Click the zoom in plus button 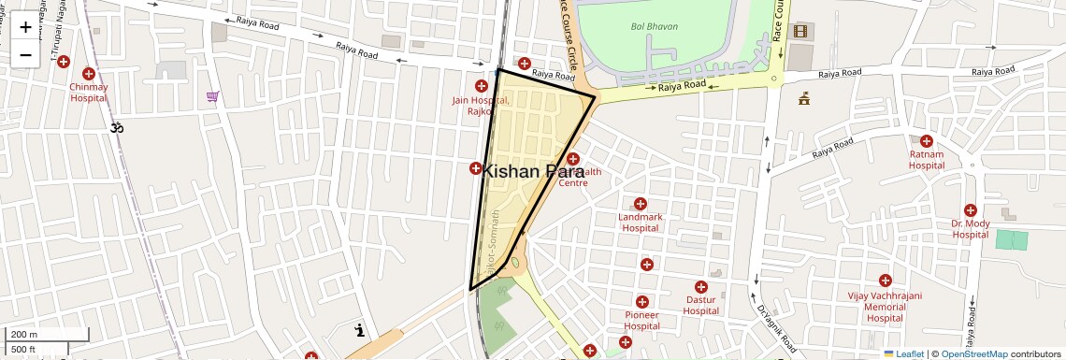point(25,27)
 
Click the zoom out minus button point(25,55)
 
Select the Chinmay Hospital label point(89,92)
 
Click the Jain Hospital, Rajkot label point(481,105)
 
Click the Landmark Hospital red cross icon point(641,204)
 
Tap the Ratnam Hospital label point(927,160)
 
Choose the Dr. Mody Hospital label point(970,229)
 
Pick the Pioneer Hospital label point(641,321)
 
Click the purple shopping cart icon point(213,96)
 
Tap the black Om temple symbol point(118,126)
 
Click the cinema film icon point(799,31)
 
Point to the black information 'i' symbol point(360,330)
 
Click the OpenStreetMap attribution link point(973,353)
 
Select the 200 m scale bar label point(24,335)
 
